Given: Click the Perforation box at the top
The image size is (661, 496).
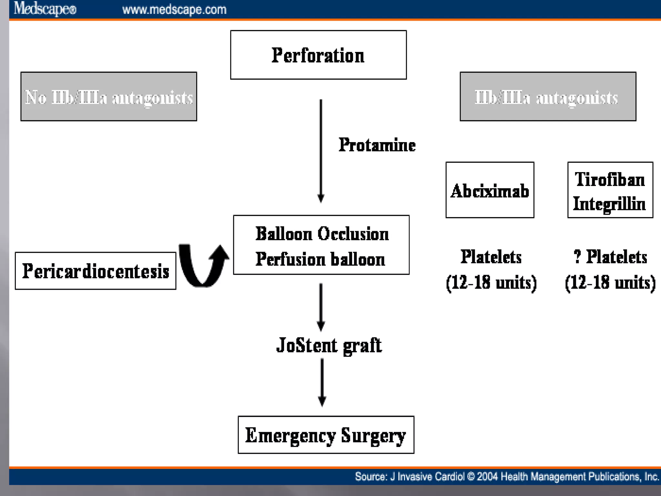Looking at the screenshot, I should pyautogui.click(x=318, y=55).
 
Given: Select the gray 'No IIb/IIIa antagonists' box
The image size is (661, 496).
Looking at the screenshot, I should pyautogui.click(x=109, y=97).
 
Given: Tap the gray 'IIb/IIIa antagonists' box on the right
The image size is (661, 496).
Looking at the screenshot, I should pyautogui.click(x=548, y=97).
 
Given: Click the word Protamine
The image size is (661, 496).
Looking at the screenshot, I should pyautogui.click(x=377, y=145).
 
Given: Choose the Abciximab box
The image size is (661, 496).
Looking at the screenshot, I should pyautogui.click(x=490, y=190).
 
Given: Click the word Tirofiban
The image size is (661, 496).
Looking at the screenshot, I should pyautogui.click(x=610, y=179).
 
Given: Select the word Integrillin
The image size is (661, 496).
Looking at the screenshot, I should pyautogui.click(x=609, y=204).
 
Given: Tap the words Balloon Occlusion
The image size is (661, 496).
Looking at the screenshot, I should pyautogui.click(x=322, y=234).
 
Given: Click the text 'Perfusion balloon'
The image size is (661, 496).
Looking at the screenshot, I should pyautogui.click(x=320, y=259).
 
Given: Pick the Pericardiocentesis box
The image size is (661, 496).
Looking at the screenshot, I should pyautogui.click(x=96, y=271).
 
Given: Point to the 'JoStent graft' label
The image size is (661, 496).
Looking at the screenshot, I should pyautogui.click(x=329, y=345).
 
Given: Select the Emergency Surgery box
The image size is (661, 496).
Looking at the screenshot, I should pyautogui.click(x=326, y=435).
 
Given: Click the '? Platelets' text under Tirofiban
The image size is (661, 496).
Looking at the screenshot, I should pyautogui.click(x=610, y=257).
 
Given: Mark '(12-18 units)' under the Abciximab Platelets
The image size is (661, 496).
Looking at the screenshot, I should pyautogui.click(x=491, y=282).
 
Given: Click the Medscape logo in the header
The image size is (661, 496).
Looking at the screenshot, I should pyautogui.click(x=45, y=9).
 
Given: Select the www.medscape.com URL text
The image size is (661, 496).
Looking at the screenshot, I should pyautogui.click(x=174, y=10).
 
